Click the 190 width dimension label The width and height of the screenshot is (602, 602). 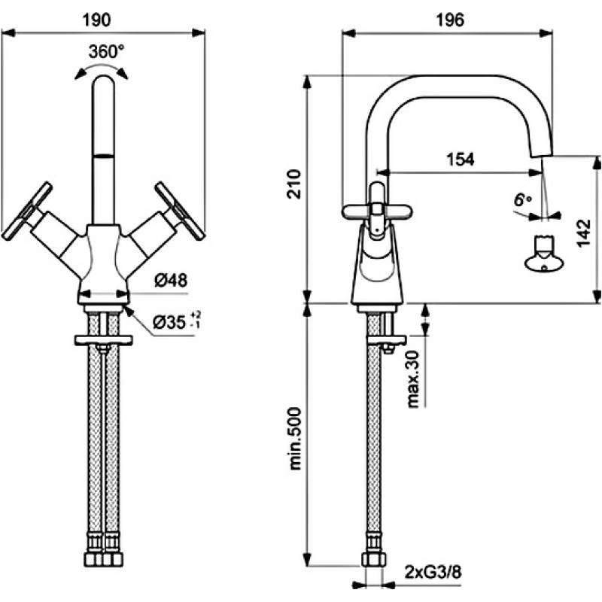[x=97, y=20]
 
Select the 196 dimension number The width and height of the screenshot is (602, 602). [x=450, y=20]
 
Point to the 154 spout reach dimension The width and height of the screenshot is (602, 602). [x=461, y=159]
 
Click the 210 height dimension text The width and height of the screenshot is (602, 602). [x=295, y=184]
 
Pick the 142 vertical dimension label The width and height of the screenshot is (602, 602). [x=584, y=233]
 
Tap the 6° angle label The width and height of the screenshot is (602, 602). [x=522, y=200]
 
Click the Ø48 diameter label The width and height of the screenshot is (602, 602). [x=171, y=281]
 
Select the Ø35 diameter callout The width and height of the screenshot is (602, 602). [x=177, y=322]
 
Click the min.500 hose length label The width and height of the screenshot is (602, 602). [x=295, y=438]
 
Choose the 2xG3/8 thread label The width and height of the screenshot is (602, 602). [x=432, y=573]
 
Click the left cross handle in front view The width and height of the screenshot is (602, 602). [x=27, y=211]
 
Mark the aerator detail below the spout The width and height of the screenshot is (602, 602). [x=544, y=254]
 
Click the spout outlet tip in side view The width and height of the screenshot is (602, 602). [x=542, y=154]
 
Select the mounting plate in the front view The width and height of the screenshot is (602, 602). [x=104, y=340]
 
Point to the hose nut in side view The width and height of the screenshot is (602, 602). [x=372, y=559]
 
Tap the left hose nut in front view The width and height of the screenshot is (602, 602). [x=93, y=559]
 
